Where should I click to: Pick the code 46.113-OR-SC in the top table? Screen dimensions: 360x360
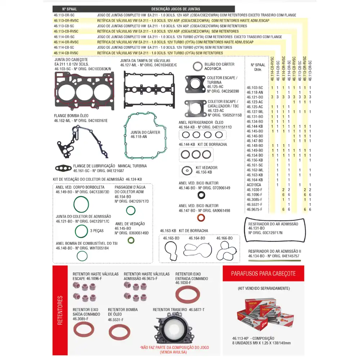[x=64, y=15]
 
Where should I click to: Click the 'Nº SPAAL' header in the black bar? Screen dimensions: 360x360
[x=69, y=9]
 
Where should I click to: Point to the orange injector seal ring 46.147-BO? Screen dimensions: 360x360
[x=201, y=218]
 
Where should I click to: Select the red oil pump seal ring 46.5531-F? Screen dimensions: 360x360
[x=119, y=332]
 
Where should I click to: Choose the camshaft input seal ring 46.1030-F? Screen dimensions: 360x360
[x=187, y=295]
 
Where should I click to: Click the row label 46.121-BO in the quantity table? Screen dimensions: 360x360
[x=255, y=97]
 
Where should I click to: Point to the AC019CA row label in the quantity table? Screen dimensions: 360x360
[x=254, y=185]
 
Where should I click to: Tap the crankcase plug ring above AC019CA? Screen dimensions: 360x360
[x=197, y=67]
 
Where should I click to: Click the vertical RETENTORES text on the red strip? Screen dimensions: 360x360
[x=60, y=310]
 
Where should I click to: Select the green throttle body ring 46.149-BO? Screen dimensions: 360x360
[x=81, y=204]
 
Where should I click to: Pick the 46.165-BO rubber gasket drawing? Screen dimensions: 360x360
[x=171, y=250]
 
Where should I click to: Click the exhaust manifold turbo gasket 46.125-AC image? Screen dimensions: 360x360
[x=195, y=84]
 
